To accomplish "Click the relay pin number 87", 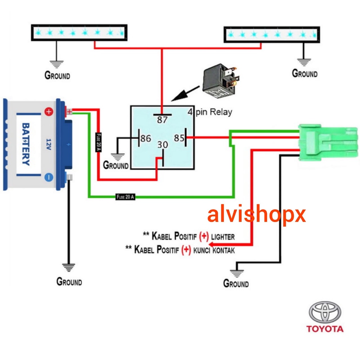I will [162, 120].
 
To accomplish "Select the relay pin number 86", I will [146, 139].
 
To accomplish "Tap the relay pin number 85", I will [179, 138].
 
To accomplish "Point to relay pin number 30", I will [162, 144].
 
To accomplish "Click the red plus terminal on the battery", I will [49, 112].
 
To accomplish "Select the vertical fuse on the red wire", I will [99, 142].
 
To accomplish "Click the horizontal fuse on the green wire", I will [126, 197].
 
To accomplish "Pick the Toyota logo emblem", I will [325, 312].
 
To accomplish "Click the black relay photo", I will [220, 80].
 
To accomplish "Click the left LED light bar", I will [79, 32].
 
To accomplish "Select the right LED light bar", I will [272, 34].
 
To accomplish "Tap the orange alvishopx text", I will [256, 215].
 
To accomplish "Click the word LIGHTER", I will [223, 237].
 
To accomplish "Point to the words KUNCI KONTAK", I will [214, 250].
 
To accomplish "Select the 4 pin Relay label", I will [210, 112].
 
